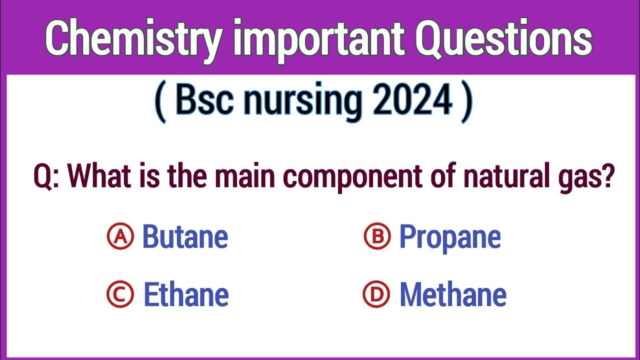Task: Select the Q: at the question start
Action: (46, 176)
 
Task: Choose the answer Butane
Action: (185, 236)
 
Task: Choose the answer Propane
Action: (449, 237)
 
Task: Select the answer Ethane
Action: (186, 295)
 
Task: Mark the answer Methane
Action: (452, 295)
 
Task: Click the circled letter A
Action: (120, 236)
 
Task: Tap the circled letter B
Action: (376, 236)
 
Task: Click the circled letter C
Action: (120, 294)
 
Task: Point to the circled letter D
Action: (376, 294)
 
